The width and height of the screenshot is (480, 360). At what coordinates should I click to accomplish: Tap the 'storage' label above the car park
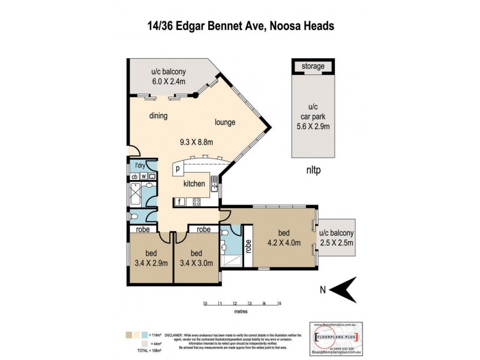(313, 66)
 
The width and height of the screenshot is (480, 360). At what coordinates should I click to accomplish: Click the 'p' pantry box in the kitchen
(178, 169)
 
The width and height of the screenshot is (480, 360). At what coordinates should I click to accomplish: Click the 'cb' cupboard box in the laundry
(135, 176)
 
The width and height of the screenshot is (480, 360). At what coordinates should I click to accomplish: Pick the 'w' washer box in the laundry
(144, 176)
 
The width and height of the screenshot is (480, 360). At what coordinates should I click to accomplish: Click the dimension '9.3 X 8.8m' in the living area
(197, 142)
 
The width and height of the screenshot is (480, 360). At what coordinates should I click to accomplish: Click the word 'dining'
(158, 116)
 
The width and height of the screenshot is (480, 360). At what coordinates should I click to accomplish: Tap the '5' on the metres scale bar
(280, 304)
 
